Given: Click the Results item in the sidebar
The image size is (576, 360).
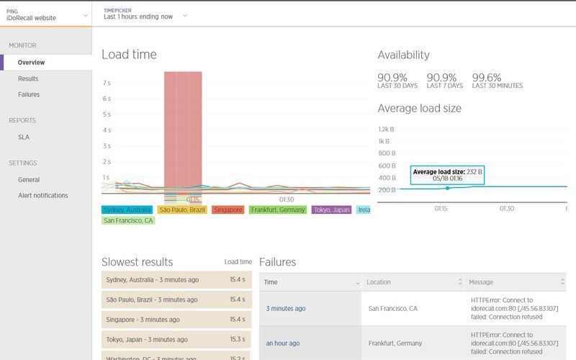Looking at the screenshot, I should [x=28, y=78].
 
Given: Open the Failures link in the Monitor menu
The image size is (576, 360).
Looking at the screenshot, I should [x=29, y=94].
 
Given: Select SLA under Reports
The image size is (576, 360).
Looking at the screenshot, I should [x=24, y=137].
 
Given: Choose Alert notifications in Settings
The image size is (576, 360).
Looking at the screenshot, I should [x=43, y=195].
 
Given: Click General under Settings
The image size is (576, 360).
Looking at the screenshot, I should [x=29, y=179].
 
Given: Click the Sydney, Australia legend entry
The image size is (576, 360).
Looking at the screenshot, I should [x=127, y=210].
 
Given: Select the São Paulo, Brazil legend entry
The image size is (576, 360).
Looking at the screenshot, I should [x=182, y=210].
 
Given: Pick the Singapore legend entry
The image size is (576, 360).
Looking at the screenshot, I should [x=228, y=210].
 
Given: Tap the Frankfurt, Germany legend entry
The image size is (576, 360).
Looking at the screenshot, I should [x=278, y=210].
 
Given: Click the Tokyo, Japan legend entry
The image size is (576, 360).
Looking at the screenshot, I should [x=332, y=210].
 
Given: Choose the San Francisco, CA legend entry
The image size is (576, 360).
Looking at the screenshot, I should [x=128, y=220].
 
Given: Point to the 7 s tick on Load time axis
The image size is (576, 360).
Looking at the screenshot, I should [x=106, y=83].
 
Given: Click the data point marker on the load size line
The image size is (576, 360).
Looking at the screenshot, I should [x=447, y=188].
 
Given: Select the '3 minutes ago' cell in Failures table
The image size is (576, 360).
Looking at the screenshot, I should [x=286, y=309].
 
